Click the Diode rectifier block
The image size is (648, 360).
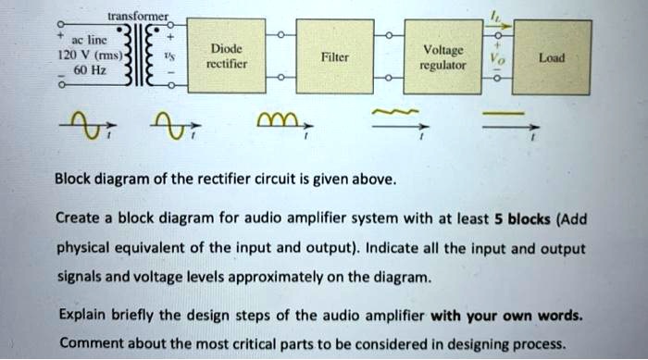(x=226, y=56)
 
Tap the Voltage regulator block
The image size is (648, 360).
(x=437, y=56)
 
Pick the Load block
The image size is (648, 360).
(x=552, y=56)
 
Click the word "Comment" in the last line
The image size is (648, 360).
(x=88, y=341)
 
